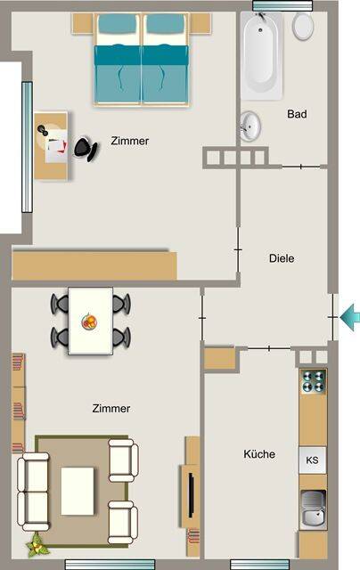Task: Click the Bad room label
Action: coord(297,114)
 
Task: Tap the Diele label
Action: coord(282,258)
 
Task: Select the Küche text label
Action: coord(259,454)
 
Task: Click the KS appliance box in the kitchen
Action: coord(313,460)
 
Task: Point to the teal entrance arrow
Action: coord(350,317)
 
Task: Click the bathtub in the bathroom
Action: coord(261,55)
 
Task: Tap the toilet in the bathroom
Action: coord(303,26)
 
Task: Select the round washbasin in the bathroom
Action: coord(250,126)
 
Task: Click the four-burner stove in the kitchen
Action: coord(313,382)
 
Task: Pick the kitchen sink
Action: coord(313,509)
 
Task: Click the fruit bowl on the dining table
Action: coord(89,322)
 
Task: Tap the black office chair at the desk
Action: coord(86,149)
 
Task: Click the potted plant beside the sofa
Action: coord(37,544)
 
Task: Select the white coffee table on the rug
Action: coord(78,491)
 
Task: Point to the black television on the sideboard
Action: coord(191,495)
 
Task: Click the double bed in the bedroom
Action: coord(142,60)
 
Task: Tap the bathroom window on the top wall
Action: coord(282,6)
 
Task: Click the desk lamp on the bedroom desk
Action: coord(43,129)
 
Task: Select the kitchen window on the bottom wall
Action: coord(259,564)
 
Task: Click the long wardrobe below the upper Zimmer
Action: coord(94,265)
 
